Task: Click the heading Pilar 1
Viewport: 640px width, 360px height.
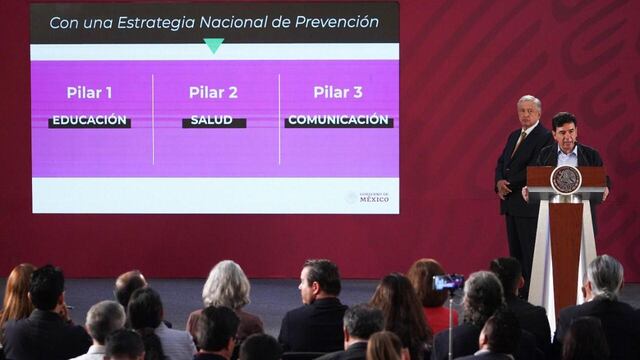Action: (x=89, y=93)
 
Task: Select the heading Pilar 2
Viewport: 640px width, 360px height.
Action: (x=213, y=93)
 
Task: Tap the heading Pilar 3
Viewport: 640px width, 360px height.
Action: (x=338, y=93)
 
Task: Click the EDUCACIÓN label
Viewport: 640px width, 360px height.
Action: (x=89, y=121)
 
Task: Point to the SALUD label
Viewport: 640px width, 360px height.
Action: (x=214, y=121)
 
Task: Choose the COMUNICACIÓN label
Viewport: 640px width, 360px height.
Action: (x=339, y=121)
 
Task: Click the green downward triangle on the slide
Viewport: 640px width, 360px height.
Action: (x=213, y=45)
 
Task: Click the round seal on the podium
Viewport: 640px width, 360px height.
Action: (x=566, y=179)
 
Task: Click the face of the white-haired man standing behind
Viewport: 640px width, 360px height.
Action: (x=529, y=111)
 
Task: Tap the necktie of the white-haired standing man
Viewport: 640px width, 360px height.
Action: (x=519, y=142)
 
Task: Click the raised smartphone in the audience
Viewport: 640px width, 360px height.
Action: (x=448, y=282)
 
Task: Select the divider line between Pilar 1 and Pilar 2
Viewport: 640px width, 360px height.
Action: (x=153, y=118)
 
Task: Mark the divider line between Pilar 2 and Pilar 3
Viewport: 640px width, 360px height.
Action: (x=279, y=118)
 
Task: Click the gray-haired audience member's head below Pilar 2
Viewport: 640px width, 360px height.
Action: (x=227, y=285)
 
